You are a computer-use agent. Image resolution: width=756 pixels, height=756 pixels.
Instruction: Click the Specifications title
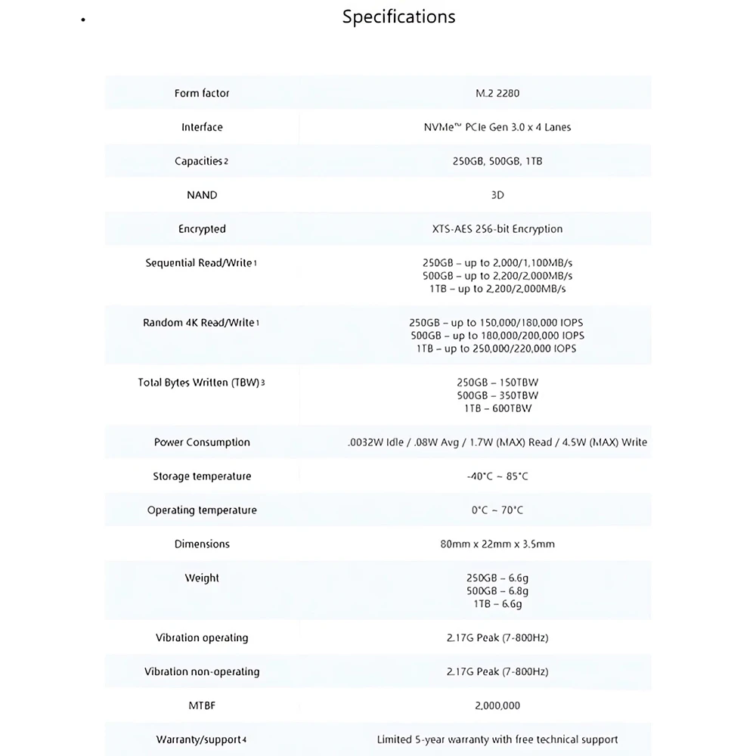pyautogui.click(x=398, y=17)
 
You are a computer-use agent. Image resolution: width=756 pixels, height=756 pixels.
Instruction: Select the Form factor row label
pyautogui.click(x=202, y=93)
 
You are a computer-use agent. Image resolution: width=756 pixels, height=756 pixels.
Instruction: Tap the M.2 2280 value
pyautogui.click(x=497, y=93)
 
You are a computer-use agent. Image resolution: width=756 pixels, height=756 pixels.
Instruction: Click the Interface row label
pyautogui.click(x=202, y=127)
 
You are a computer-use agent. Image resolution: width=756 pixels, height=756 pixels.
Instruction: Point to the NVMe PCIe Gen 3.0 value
pyautogui.click(x=497, y=127)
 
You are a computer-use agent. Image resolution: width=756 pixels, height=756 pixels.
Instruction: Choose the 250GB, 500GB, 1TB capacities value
pyautogui.click(x=497, y=161)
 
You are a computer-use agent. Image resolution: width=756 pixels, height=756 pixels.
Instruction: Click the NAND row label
pyautogui.click(x=202, y=195)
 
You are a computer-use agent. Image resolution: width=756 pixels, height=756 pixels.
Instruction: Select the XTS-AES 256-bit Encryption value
pyautogui.click(x=497, y=229)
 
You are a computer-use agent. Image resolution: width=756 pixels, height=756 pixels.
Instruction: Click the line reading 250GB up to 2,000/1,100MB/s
pyautogui.click(x=497, y=263)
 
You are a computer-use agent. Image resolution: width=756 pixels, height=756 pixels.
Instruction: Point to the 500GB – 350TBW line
pyautogui.click(x=497, y=395)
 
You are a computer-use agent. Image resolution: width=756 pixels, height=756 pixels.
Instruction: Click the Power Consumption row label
pyautogui.click(x=202, y=442)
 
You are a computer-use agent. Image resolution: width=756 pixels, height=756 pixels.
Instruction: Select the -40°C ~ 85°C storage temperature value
pyautogui.click(x=497, y=476)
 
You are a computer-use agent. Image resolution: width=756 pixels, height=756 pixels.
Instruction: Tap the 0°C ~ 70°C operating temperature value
pyautogui.click(x=497, y=510)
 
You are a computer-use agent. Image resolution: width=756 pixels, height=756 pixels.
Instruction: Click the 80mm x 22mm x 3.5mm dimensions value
pyautogui.click(x=497, y=544)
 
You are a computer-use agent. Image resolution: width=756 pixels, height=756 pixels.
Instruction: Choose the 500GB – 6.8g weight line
pyautogui.click(x=497, y=591)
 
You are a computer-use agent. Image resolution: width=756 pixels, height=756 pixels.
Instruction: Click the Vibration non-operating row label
pyautogui.click(x=202, y=671)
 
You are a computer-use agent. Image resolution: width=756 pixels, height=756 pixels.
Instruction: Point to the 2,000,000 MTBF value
pyautogui.click(x=497, y=705)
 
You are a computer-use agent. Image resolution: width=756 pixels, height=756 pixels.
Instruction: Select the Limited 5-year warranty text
pyautogui.click(x=497, y=739)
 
